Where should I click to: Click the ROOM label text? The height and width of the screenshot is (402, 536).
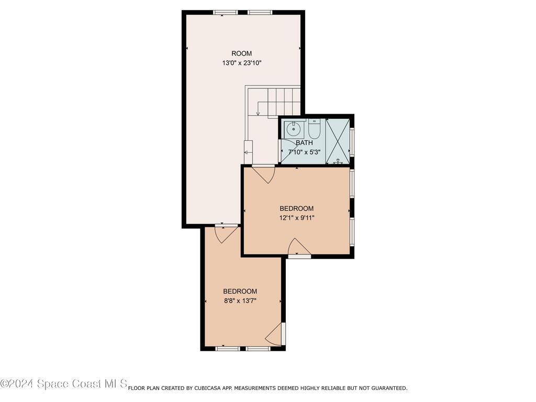(x=242, y=53)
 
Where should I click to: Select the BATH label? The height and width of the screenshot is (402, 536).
(x=304, y=143)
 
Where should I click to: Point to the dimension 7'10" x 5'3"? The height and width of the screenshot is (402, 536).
(x=304, y=152)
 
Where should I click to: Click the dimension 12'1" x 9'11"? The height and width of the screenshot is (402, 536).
(x=297, y=218)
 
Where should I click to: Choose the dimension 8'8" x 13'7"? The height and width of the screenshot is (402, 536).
(x=240, y=301)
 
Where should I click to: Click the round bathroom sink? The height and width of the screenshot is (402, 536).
(x=293, y=129)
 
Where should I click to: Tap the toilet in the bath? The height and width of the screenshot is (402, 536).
(x=314, y=128)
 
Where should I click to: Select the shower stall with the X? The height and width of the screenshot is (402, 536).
(x=338, y=141)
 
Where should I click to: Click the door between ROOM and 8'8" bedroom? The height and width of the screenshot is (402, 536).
(x=226, y=233)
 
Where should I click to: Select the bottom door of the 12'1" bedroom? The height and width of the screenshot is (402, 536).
(x=299, y=247)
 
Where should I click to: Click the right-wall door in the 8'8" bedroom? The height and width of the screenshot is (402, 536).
(x=275, y=333)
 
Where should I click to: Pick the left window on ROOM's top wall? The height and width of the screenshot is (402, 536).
(x=225, y=13)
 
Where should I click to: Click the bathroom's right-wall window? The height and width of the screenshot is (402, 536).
(x=352, y=141)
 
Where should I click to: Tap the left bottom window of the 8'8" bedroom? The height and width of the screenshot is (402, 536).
(x=228, y=348)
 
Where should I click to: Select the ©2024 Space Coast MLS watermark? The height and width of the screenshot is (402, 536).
(x=64, y=384)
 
